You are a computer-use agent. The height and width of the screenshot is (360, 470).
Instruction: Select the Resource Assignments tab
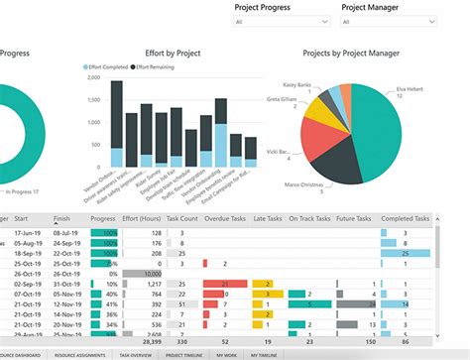[x=78, y=354]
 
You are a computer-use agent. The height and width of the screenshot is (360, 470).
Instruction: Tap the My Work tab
[x=228, y=354]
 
